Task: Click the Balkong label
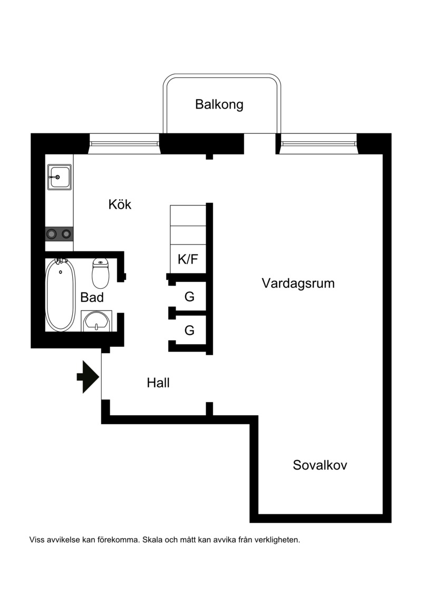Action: coord(219,104)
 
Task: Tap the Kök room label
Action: coord(120,204)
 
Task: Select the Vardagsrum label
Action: coord(299,284)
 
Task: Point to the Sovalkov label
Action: coord(320,465)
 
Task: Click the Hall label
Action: coord(158,383)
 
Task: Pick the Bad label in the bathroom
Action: coord(92,297)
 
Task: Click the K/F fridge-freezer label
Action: coord(188,259)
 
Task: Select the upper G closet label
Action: coord(189,297)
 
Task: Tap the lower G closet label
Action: coord(189,330)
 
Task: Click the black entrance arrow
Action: coord(88,377)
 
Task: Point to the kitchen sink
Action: coord(60,177)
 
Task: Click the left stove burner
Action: coord(51,234)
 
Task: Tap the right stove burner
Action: coord(66,234)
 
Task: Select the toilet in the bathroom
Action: coord(100,273)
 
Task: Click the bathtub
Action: coord(60,295)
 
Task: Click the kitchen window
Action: coord(124,144)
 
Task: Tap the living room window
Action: coord(319,144)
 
